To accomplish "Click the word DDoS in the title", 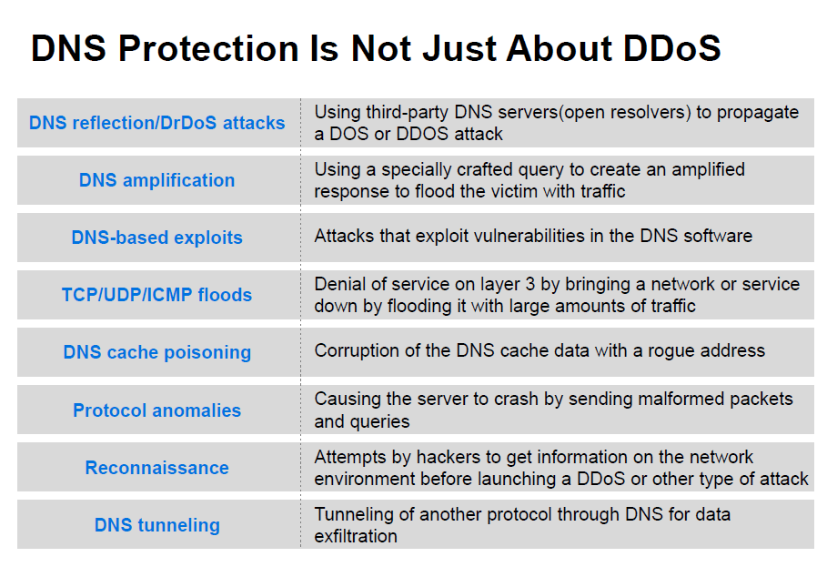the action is click(671, 48).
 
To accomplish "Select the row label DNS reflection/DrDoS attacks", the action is click(156, 123).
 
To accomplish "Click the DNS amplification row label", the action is click(156, 180).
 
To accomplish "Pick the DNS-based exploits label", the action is click(156, 238).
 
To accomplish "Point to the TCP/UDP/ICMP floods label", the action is click(156, 295).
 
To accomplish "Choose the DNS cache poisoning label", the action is click(156, 352).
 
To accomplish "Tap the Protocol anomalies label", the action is click(156, 410).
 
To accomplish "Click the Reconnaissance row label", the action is click(156, 468).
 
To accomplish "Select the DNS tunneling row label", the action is click(156, 525).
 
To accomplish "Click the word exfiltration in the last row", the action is click(356, 536).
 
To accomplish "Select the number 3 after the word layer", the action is click(530, 284).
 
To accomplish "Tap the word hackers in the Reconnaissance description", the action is click(448, 457).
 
